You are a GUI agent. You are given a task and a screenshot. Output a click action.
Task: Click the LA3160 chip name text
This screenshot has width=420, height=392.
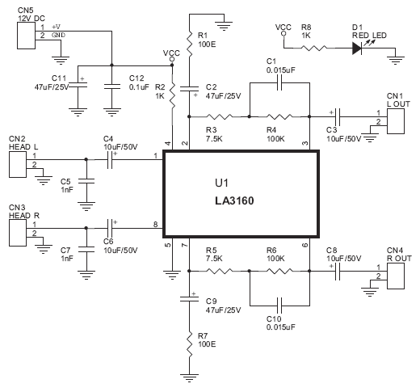(234, 200)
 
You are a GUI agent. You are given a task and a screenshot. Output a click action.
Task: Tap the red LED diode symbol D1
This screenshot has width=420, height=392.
(357, 48)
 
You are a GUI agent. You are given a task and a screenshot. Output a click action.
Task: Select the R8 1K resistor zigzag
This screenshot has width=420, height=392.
(313, 48)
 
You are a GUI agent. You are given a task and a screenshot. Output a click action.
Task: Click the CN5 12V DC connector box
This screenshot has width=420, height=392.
(26, 36)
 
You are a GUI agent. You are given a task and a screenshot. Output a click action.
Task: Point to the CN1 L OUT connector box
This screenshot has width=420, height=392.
(396, 121)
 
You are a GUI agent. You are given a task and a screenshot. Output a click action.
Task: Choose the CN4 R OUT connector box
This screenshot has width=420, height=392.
(396, 276)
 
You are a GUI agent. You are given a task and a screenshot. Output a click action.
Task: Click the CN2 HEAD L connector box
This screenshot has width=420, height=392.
(18, 164)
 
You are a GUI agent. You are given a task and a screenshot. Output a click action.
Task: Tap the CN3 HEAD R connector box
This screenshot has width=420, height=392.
(18, 233)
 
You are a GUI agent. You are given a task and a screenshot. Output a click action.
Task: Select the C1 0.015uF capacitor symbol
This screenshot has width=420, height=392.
(279, 83)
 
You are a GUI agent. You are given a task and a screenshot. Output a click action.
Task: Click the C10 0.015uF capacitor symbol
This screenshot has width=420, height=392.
(279, 306)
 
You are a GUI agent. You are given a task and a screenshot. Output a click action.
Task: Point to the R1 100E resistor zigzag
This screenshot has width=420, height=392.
(190, 44)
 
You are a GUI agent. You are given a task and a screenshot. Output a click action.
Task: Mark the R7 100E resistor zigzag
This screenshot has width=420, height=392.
(190, 344)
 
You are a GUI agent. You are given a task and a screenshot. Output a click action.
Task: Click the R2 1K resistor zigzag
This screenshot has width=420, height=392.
(172, 95)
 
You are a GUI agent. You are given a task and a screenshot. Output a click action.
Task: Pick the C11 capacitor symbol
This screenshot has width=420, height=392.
(78, 84)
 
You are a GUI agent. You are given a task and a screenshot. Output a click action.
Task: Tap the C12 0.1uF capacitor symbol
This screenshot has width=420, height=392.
(112, 86)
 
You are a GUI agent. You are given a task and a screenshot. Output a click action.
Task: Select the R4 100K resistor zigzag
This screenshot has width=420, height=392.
(279, 116)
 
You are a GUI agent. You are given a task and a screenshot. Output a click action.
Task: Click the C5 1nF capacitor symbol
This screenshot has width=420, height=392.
(86, 181)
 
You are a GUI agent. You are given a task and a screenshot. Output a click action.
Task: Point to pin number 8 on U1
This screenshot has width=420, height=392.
(155, 224)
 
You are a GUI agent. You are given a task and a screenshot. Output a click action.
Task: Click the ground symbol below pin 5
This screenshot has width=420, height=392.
(172, 276)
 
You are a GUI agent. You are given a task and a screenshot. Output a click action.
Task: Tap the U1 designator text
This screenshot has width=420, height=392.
(221, 183)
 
